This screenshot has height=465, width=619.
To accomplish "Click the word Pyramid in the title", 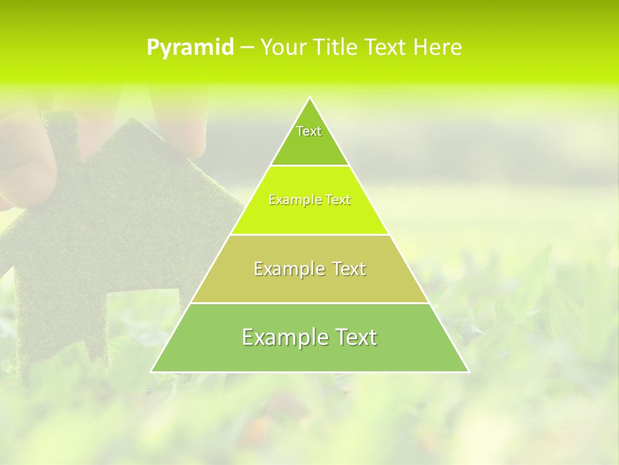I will pos(190,48).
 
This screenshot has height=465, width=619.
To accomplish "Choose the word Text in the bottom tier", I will pos(354,337).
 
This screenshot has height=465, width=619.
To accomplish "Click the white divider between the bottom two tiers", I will pos(309,303).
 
